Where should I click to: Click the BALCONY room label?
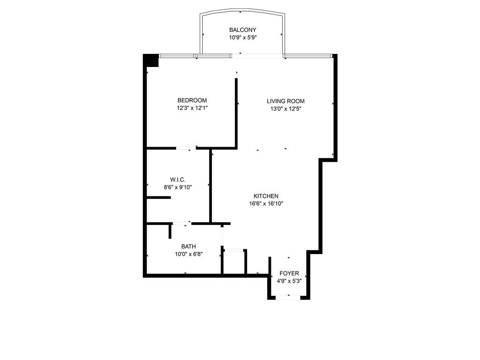242,30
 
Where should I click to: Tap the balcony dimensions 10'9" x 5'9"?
242,37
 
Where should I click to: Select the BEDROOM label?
192,100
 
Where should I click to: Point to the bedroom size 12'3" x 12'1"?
192,108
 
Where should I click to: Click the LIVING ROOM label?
285,101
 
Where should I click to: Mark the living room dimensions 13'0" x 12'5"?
285,109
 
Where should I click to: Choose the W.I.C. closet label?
178,180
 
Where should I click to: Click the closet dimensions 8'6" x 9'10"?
178,187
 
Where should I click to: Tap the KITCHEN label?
266,196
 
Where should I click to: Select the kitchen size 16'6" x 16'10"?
266,204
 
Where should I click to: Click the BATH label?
188,247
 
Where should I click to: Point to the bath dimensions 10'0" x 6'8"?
188,254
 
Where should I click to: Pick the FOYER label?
289,273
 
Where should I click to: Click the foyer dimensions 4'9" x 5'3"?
289,281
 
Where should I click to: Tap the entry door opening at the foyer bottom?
288,297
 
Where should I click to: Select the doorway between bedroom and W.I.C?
186,149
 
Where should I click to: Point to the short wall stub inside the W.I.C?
158,197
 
